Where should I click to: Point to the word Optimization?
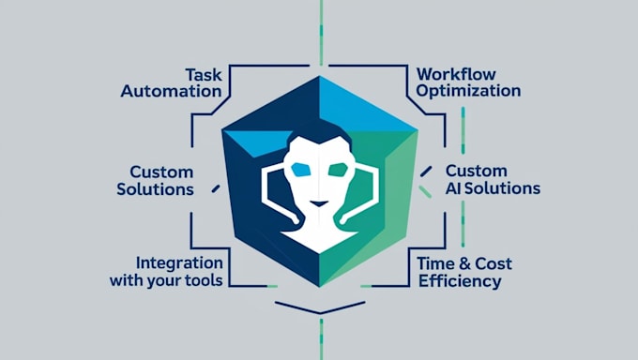coord(467,91)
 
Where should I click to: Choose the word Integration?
coord(179,262)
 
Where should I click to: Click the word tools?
coord(202,280)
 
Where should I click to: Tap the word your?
coord(159,280)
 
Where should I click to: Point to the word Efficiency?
coord(460,281)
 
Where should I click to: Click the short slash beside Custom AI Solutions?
coord(427,171)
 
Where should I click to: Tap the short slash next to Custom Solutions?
coord(215,188)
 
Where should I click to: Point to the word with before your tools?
coord(125,280)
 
